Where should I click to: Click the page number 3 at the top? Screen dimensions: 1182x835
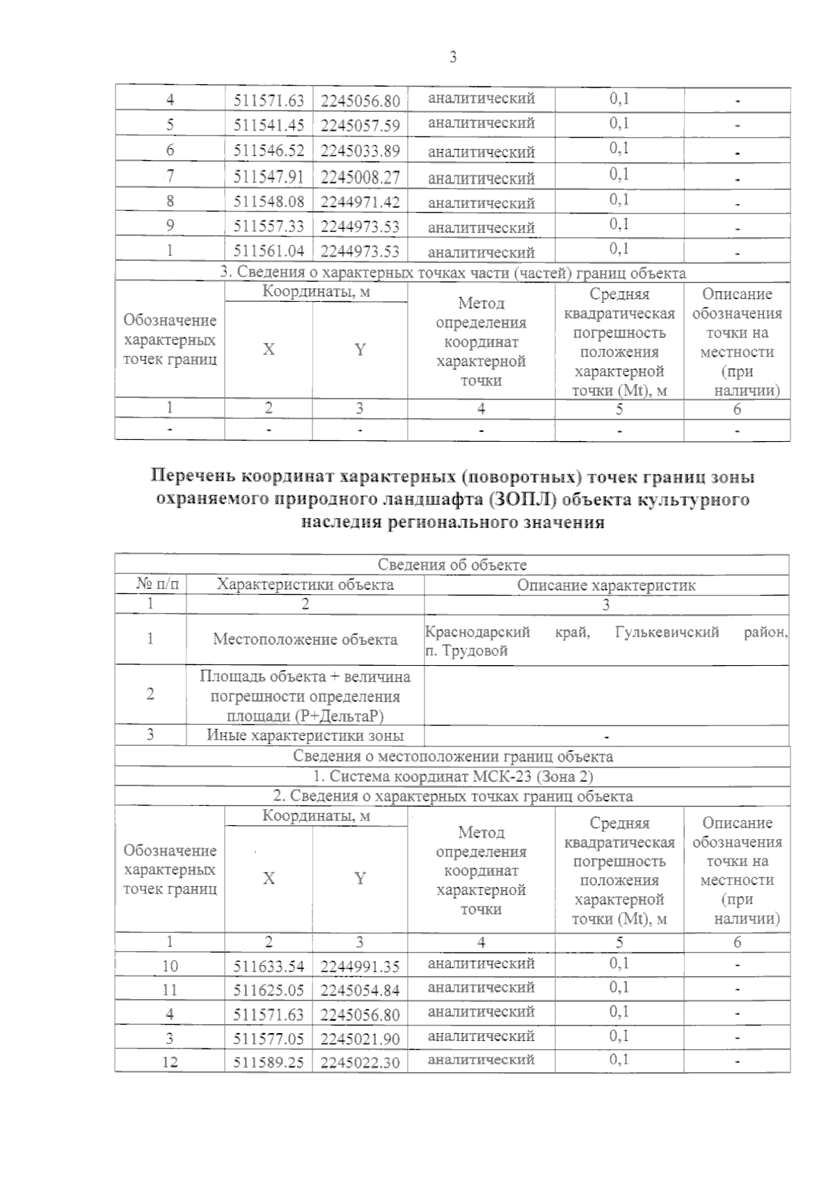(x=453, y=58)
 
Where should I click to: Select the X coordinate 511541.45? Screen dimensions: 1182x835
(x=269, y=126)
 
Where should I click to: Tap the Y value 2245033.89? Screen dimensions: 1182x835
(x=360, y=151)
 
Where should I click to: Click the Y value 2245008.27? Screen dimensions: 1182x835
(x=360, y=177)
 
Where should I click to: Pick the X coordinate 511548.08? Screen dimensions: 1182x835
(x=269, y=202)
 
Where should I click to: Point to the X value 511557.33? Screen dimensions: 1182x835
(x=269, y=227)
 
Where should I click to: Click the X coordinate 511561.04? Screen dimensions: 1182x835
(x=269, y=251)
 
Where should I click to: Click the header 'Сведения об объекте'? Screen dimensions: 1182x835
(x=452, y=565)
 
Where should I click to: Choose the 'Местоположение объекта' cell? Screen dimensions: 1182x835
(x=305, y=639)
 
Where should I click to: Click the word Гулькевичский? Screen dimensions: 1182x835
(x=667, y=632)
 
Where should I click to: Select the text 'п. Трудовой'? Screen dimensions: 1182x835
(x=466, y=651)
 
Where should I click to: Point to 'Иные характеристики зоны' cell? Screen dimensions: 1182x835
(x=305, y=735)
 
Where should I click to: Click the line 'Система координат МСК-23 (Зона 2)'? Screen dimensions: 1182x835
(x=452, y=776)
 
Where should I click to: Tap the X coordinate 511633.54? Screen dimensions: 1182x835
(x=269, y=966)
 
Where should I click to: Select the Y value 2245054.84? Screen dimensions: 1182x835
(x=360, y=991)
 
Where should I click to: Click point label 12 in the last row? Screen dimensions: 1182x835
(x=170, y=1062)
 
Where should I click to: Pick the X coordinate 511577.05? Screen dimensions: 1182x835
(x=269, y=1039)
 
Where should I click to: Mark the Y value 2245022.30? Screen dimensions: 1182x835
(x=360, y=1063)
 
